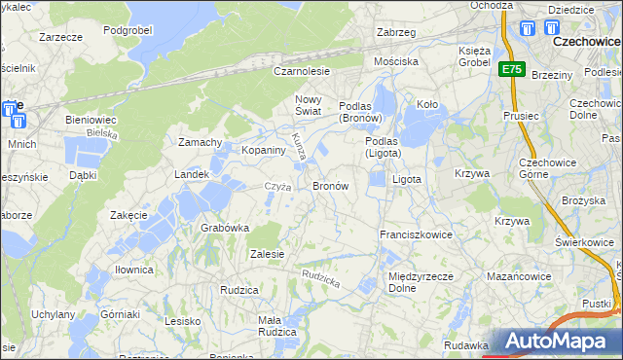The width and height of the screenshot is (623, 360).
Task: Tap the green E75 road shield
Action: tap(513, 69)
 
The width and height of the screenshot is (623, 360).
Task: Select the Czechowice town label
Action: tap(587, 43)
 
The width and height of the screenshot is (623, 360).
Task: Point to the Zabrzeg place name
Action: tap(396, 32)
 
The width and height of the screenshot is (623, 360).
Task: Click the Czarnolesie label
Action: tap(302, 71)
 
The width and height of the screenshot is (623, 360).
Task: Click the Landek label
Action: tap(192, 174)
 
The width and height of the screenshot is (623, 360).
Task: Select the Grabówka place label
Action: tap(225, 228)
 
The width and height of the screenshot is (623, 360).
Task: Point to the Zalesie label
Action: tap(267, 254)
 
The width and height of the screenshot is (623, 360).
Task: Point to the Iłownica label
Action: tap(132, 270)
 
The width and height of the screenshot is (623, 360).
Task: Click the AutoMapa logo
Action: tap(561, 342)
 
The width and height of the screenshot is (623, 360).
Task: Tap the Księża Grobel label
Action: tap(476, 55)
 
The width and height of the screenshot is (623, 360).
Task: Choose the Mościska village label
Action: tap(397, 60)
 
